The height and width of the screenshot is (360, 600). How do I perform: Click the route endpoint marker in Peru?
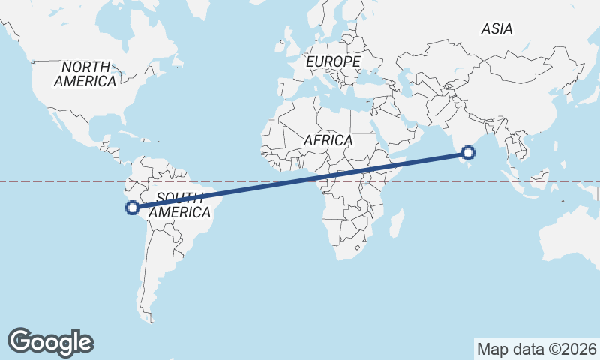(x=132, y=208)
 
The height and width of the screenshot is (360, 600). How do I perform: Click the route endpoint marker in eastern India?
(x=468, y=153)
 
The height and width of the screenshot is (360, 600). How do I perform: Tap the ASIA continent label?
(x=496, y=28)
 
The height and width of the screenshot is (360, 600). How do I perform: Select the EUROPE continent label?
(x=334, y=61)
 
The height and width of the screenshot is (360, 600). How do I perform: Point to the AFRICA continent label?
(x=328, y=140)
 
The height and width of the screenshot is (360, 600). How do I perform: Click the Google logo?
(x=50, y=341)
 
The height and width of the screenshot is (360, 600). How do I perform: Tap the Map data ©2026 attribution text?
(x=537, y=349)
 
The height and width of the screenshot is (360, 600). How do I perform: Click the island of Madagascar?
(x=395, y=223)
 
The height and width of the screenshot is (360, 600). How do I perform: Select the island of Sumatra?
(x=509, y=183)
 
